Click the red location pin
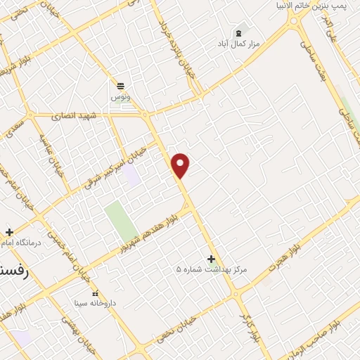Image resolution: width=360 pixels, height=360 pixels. point(181,165)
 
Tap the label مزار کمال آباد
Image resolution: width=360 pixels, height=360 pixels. point(239,43)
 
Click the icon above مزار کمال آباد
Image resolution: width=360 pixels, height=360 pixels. point(239,32)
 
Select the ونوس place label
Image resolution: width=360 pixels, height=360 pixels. point(120,96)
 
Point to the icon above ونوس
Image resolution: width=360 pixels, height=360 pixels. point(120,84)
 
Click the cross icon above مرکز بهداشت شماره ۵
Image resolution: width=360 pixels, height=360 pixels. point(210,259)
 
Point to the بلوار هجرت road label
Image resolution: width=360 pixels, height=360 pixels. point(288,256)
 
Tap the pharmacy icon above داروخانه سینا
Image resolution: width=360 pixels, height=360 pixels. point(95,293)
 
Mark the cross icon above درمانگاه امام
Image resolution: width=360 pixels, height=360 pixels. point(8,232)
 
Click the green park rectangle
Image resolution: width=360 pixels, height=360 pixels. point(120,221)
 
